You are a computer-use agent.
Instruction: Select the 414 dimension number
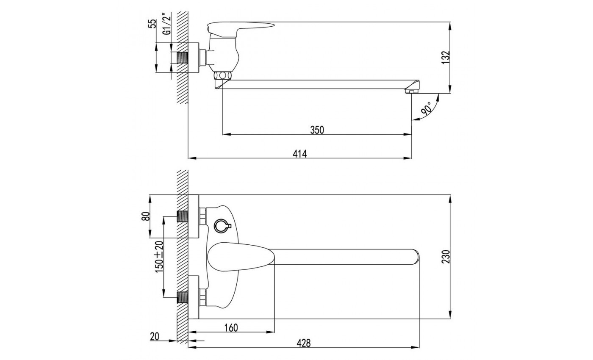click(x=299, y=154)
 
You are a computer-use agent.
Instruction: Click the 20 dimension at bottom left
click(x=155, y=337)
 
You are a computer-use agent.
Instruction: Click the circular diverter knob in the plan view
click(x=221, y=226)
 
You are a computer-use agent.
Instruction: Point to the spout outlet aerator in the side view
click(x=411, y=91)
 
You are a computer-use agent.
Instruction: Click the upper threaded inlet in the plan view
click(x=183, y=216)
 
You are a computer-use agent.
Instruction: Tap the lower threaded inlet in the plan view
click(x=183, y=297)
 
